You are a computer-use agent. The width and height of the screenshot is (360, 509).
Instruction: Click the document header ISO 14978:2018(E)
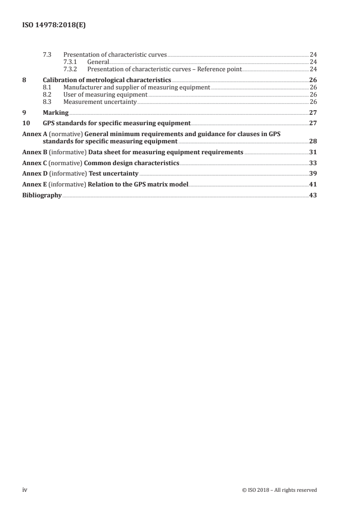coord(54,26)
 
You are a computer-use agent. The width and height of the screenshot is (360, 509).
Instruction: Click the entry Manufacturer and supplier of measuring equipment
coord(137,87)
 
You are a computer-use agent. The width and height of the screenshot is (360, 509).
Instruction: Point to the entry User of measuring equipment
coord(105,94)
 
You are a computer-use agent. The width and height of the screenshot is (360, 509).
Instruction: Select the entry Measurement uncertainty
coord(100,102)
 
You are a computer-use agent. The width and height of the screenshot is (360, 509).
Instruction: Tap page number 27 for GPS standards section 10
coord(313,123)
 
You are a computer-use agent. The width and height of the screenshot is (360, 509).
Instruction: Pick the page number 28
coord(313,141)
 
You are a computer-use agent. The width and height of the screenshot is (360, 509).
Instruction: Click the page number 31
coord(313,152)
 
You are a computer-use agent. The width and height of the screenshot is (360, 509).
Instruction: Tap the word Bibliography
coord(42,196)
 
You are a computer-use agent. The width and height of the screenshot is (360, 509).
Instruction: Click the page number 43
coord(313,196)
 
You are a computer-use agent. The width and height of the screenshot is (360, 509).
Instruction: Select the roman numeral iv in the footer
coord(25,489)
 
